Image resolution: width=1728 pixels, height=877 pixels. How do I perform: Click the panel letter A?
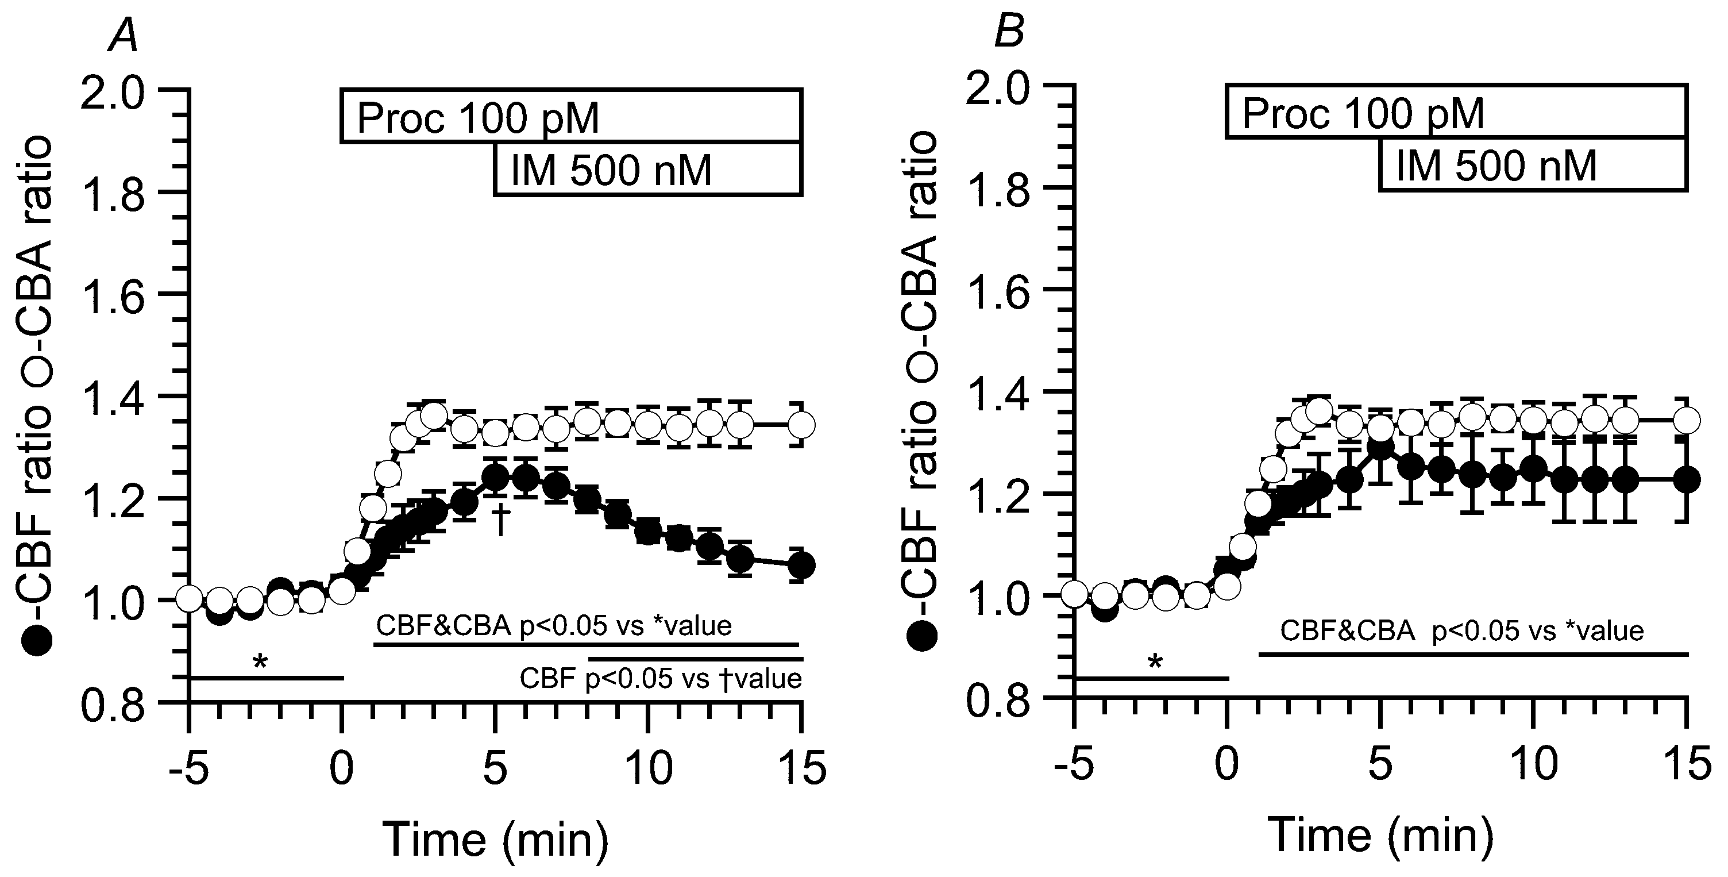pos(124,36)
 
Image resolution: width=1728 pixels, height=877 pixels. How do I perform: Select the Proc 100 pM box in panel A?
pos(571,116)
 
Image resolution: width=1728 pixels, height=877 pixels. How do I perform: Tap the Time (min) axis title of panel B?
pos(1380,836)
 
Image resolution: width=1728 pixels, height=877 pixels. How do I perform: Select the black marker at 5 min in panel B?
pos(1380,448)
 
